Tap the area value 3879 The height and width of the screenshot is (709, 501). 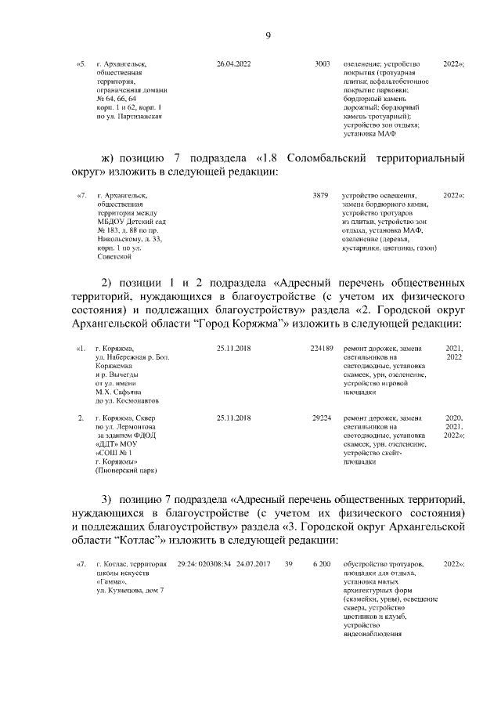pos(319,196)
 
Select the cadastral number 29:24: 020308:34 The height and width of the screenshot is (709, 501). pos(204,564)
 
